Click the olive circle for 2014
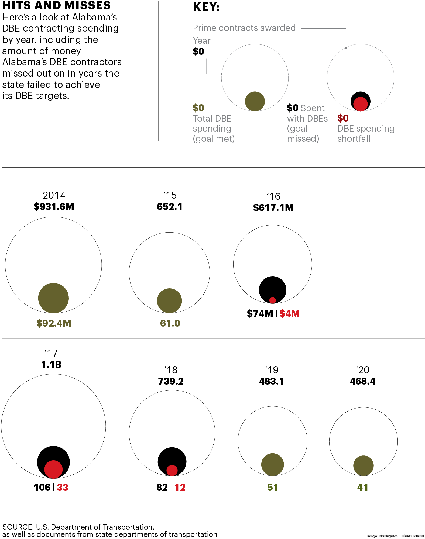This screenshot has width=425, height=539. tap(53, 298)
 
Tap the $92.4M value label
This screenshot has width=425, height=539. tap(54, 323)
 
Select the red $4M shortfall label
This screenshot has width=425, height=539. tap(289, 313)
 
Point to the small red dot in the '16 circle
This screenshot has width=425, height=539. tap(273, 300)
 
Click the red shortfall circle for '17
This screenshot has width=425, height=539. tap(53, 469)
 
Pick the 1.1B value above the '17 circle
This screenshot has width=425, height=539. tap(51, 365)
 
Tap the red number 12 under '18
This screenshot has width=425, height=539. tap(180, 487)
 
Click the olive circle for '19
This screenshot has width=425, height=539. tap(273, 464)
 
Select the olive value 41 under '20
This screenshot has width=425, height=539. tap(363, 487)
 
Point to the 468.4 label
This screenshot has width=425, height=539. tap(363, 381)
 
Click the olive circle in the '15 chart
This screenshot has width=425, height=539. tap(169, 301)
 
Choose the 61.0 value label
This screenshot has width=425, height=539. tap(170, 323)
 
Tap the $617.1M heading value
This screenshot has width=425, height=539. tap(273, 208)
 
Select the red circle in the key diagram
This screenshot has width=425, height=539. tap(361, 104)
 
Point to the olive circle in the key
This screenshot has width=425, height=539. tap(255, 101)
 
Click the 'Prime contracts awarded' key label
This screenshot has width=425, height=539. tap(244, 28)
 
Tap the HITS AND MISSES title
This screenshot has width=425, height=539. tap(56, 5)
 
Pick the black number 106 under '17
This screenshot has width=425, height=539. tap(42, 487)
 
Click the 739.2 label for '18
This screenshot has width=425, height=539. tap(171, 381)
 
